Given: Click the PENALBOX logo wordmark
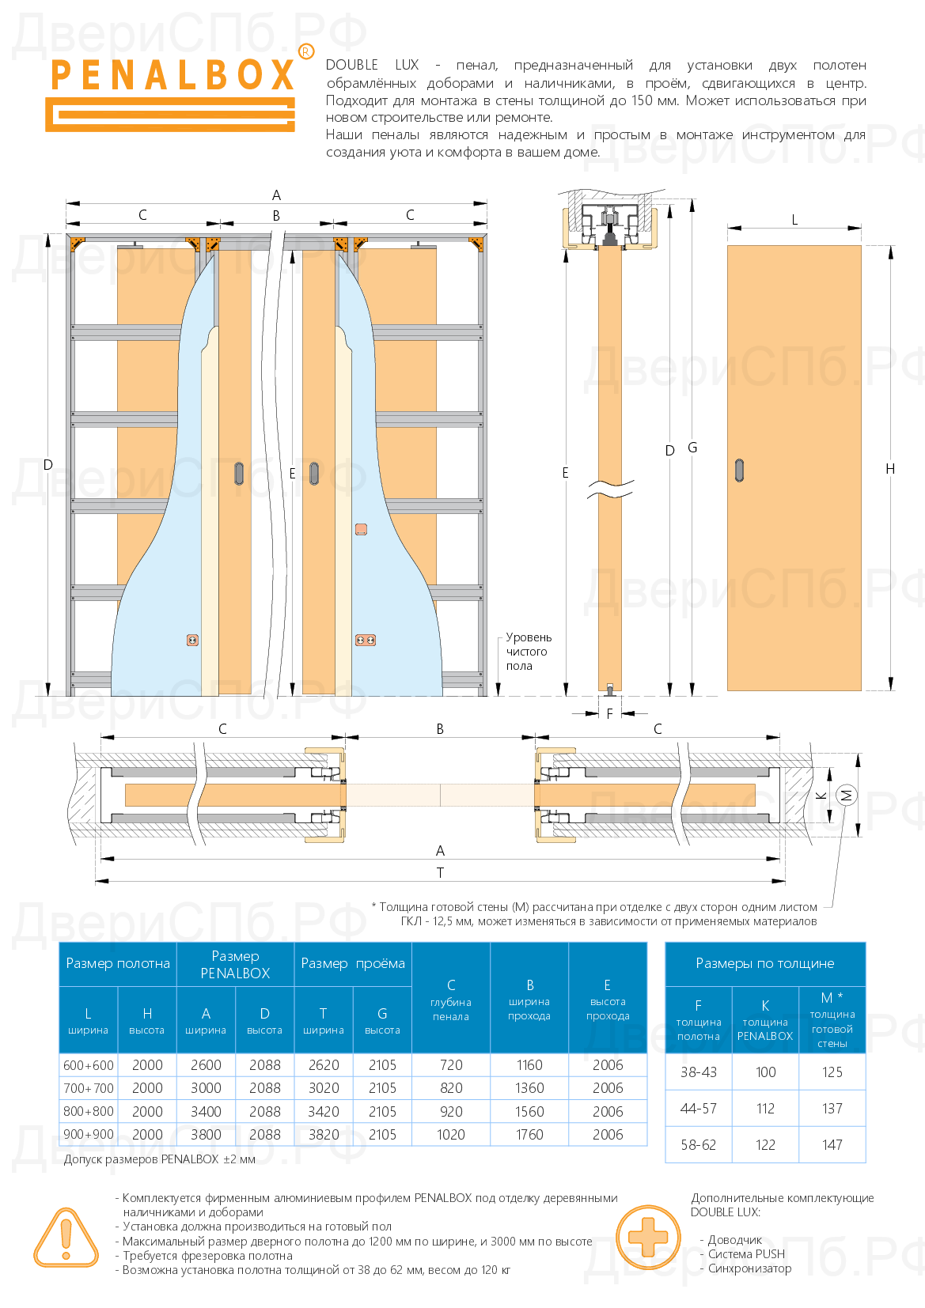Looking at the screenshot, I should pyautogui.click(x=172, y=76).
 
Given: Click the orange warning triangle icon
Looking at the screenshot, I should pyautogui.click(x=66, y=1238).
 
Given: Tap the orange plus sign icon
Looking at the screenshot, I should pyautogui.click(x=648, y=1237).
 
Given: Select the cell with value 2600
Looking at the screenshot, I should pyautogui.click(x=206, y=1065).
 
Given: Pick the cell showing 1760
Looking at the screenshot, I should pyautogui.click(x=529, y=1135).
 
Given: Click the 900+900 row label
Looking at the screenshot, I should pyautogui.click(x=89, y=1135).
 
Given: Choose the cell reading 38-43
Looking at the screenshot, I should pyautogui.click(x=699, y=1072).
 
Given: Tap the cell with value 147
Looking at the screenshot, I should pyautogui.click(x=832, y=1145).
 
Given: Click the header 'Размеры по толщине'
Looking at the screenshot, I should pyautogui.click(x=764, y=963).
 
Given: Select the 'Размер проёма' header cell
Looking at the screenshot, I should pyautogui.click(x=353, y=963).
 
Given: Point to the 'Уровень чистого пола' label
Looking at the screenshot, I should pyautogui.click(x=528, y=652).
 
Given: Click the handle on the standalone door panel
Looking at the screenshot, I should pyautogui.click(x=740, y=471).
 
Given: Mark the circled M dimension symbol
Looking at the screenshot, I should pyautogui.click(x=846, y=795).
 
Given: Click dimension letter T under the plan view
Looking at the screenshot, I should pyautogui.click(x=440, y=873).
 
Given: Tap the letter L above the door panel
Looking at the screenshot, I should pyautogui.click(x=794, y=220).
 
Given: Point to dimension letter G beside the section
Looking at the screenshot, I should pyautogui.click(x=692, y=448).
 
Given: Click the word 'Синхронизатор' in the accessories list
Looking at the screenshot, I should pyautogui.click(x=749, y=1268).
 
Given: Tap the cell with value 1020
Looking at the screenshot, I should pyautogui.click(x=451, y=1135).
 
